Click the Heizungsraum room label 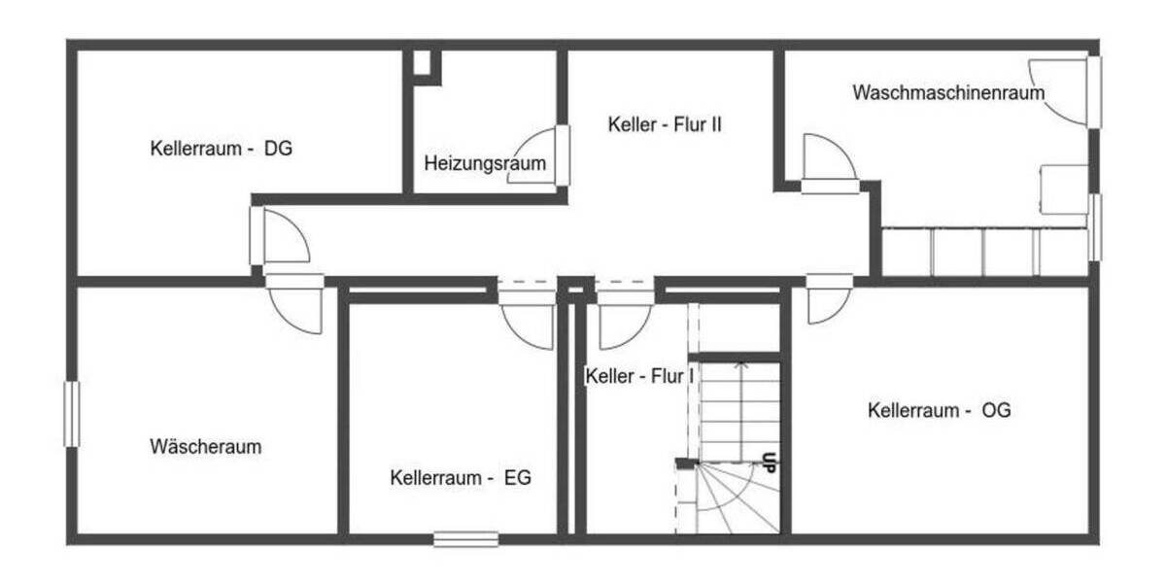(x=485, y=163)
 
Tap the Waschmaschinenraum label (x=948, y=93)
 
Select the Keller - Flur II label (x=665, y=124)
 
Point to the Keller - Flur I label (x=637, y=376)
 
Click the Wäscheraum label (x=206, y=447)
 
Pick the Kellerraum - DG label (x=222, y=149)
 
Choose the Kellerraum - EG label (x=461, y=478)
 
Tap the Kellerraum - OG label (x=939, y=410)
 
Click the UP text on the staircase (x=769, y=463)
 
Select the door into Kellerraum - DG (x=282, y=238)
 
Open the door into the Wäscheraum (x=295, y=307)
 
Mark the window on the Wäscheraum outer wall (x=71, y=414)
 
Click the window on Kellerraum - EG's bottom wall (x=465, y=538)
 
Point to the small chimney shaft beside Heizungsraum (x=422, y=63)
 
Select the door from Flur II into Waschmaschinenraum (x=828, y=160)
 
